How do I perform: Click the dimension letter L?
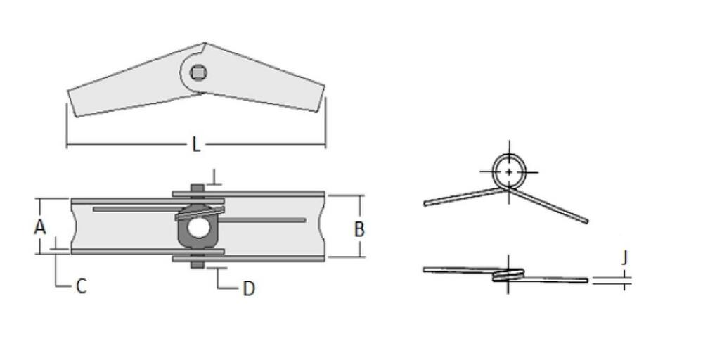pyautogui.click(x=196, y=145)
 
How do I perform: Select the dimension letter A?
pyautogui.click(x=40, y=227)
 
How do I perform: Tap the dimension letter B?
pyautogui.click(x=359, y=229)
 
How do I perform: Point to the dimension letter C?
pyautogui.click(x=81, y=287)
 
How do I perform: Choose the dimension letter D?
pyautogui.click(x=248, y=289)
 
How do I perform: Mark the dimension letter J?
pyautogui.click(x=624, y=258)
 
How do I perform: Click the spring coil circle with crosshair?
pyautogui.click(x=508, y=171)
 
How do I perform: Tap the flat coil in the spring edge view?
pyautogui.click(x=508, y=275)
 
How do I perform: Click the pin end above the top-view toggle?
pyautogui.click(x=198, y=187)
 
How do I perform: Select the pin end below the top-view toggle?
pyautogui.click(x=198, y=266)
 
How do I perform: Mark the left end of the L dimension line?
pyautogui.click(x=67, y=146)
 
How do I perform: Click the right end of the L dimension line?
pyautogui.click(x=325, y=146)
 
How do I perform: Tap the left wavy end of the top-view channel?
pyautogui.click(x=74, y=226)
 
